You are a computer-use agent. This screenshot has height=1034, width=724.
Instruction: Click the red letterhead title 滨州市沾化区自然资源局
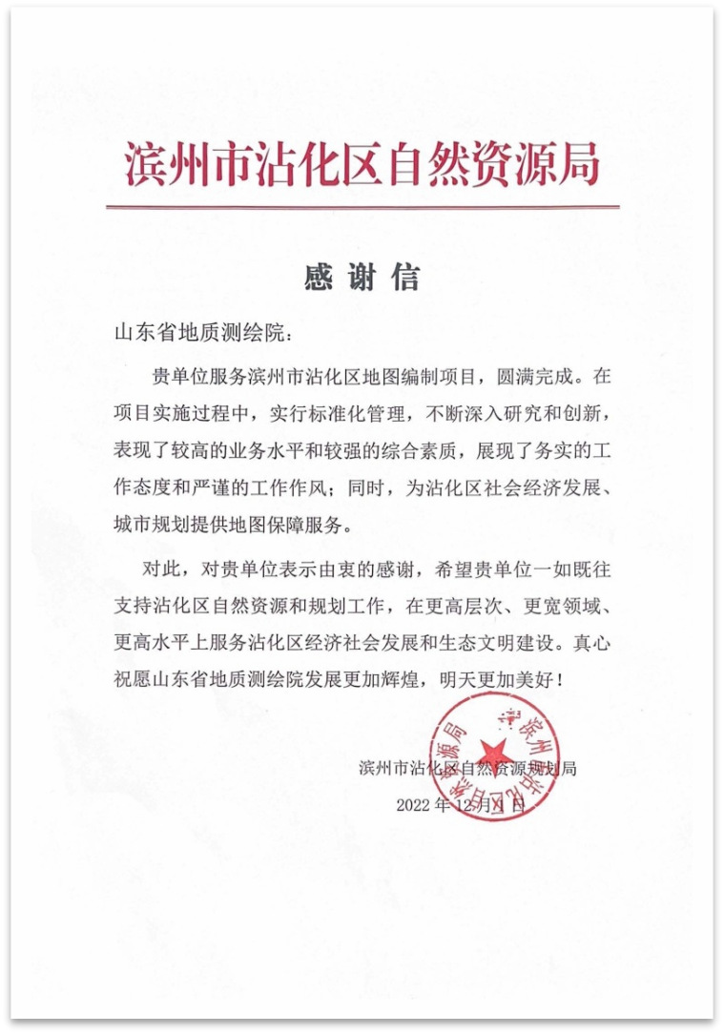tap(362, 164)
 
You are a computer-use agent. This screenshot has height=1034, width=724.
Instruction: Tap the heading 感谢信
tap(362, 278)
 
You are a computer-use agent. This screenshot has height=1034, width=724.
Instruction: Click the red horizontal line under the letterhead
tap(362, 207)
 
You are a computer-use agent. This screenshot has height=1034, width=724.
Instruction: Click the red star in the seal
tap(496, 754)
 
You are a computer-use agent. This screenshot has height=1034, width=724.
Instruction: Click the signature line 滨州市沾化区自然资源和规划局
tap(467, 768)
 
